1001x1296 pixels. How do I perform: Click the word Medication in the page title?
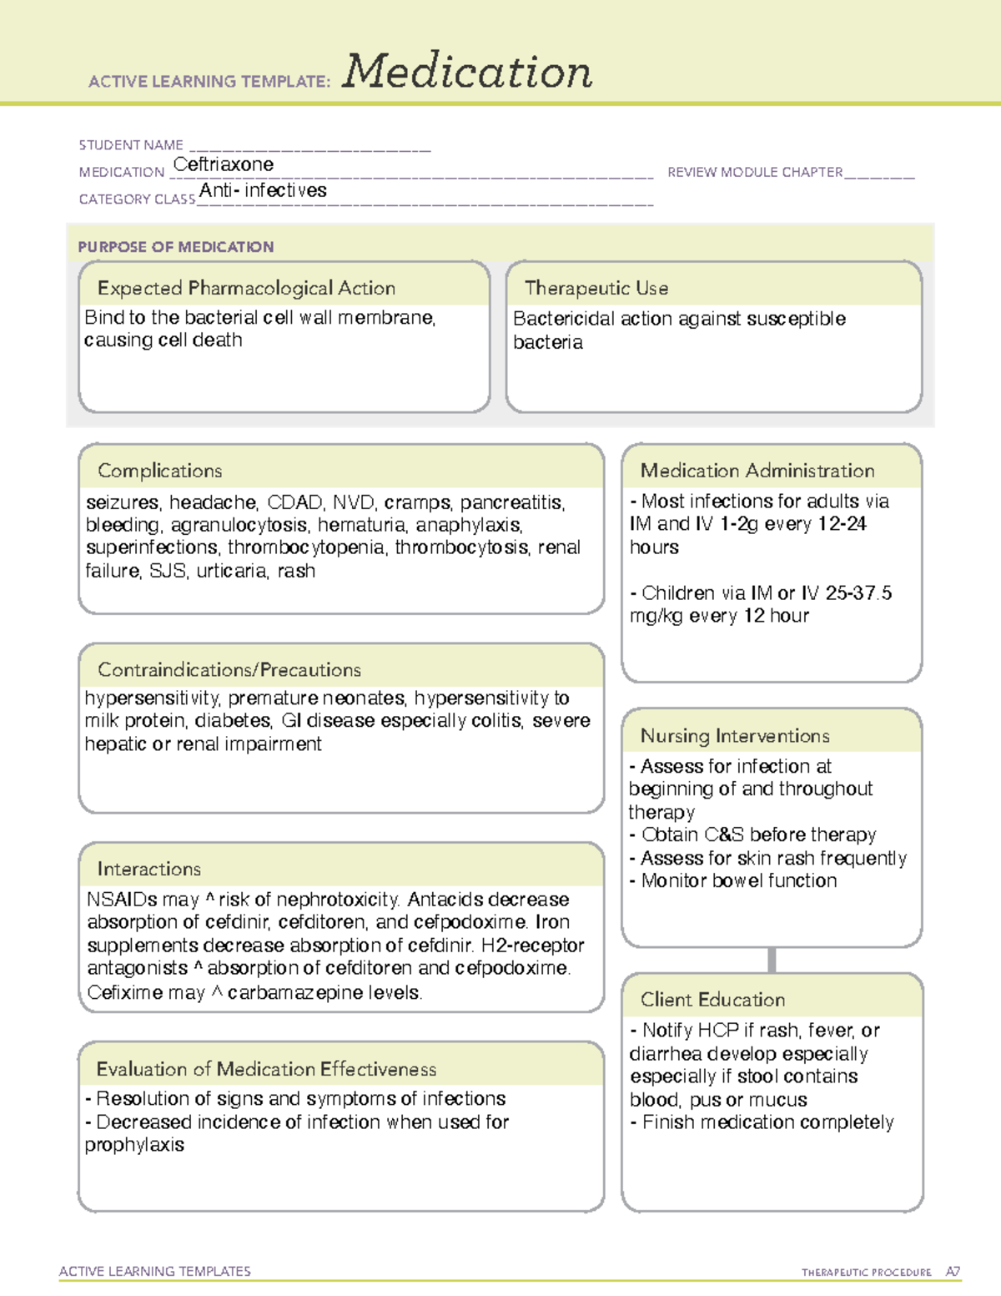[x=467, y=72]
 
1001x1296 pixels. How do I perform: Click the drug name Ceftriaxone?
[x=224, y=164]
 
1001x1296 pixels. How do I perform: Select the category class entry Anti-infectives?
[x=263, y=191]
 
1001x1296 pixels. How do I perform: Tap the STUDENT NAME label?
[x=131, y=145]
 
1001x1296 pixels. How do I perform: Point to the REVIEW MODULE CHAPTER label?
[x=755, y=172]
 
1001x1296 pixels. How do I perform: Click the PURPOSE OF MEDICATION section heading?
[x=176, y=247]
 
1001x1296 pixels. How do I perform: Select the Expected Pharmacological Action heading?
[x=246, y=288]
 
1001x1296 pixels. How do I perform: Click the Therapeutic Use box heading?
[x=596, y=288]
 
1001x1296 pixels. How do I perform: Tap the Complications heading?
[x=160, y=471]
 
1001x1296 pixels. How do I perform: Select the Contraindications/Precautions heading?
[x=229, y=670]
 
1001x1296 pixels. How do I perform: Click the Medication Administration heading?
[x=757, y=471]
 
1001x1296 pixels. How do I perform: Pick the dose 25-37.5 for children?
[x=858, y=593]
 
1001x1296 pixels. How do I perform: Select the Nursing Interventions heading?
[x=735, y=736]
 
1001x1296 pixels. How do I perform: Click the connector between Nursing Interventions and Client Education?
[x=772, y=960]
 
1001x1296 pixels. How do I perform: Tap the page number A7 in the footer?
[x=953, y=1272]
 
